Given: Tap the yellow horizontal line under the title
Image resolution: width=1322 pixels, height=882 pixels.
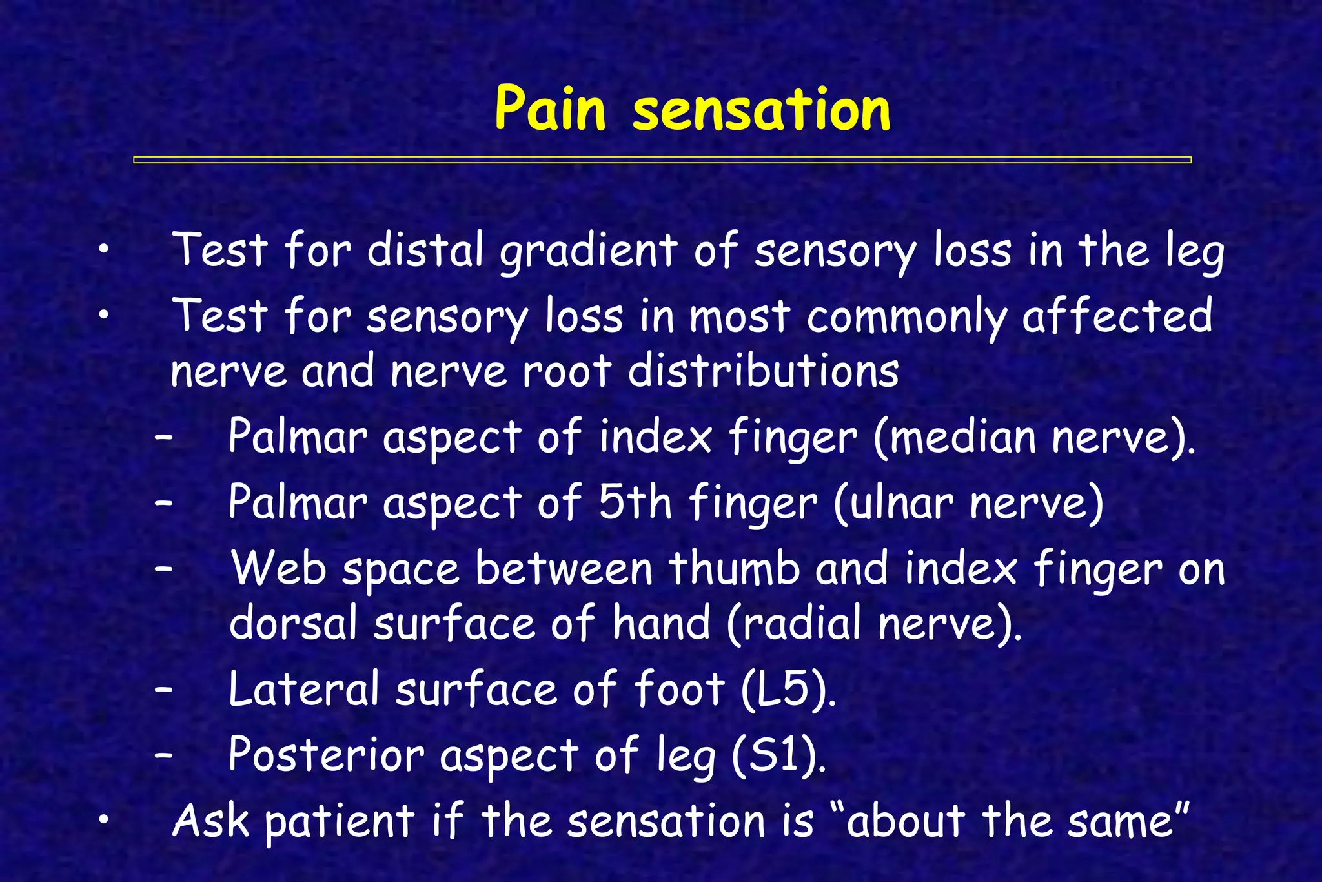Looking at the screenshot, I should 662,159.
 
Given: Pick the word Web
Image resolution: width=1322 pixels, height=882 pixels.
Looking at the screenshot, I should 279,569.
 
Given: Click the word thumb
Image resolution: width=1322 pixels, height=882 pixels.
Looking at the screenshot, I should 734,569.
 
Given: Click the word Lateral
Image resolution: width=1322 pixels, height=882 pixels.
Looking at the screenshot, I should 303,689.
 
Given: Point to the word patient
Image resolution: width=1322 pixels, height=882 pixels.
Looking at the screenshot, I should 340,822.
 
